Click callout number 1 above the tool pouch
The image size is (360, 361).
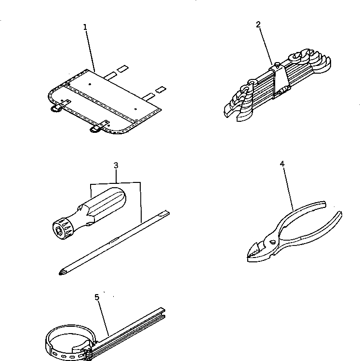click(85, 27)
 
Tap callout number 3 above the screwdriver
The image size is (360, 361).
click(116, 166)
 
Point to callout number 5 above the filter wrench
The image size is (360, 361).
click(97, 297)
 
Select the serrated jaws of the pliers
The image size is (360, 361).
click(255, 251)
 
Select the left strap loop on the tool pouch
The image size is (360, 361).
click(57, 108)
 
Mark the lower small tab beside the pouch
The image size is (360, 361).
click(160, 90)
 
